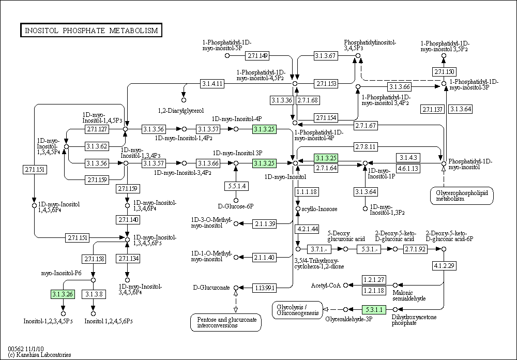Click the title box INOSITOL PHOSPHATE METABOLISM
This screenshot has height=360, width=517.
(91, 31)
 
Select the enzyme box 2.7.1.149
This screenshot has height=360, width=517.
(257, 55)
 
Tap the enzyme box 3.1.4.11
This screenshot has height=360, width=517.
(212, 83)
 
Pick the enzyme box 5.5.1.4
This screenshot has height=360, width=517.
(236, 186)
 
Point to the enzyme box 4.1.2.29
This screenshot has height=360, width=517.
(444, 265)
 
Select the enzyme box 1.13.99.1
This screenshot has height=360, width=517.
(264, 288)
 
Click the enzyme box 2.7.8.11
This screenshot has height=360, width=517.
(366, 146)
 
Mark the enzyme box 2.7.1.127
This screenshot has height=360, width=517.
(97, 129)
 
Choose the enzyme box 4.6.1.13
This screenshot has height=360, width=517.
(408, 168)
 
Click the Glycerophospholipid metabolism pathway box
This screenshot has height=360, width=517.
(462, 196)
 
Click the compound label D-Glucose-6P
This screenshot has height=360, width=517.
(236, 206)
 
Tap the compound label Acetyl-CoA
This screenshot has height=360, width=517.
(325, 285)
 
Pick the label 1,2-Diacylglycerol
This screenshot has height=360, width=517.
(181, 110)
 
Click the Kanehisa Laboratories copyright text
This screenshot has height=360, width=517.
(39, 355)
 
